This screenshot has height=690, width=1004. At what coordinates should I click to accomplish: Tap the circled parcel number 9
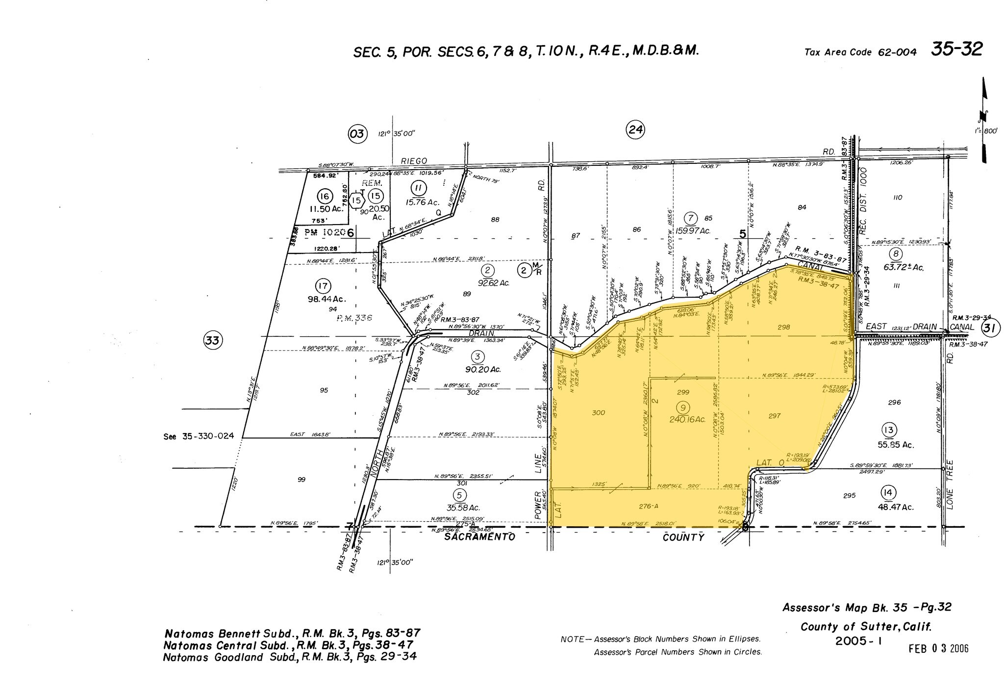[683, 407]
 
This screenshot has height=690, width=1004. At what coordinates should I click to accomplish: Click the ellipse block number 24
[635, 129]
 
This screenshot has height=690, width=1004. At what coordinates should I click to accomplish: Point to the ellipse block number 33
[213, 340]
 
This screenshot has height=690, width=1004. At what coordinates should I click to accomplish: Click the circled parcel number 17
[323, 286]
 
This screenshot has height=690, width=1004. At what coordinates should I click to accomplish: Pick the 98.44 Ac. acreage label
[326, 299]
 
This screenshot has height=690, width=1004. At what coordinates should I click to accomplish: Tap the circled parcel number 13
[889, 430]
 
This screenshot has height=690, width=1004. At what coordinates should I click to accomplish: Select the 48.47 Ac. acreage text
[896, 507]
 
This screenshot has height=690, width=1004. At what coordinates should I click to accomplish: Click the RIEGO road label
[414, 161]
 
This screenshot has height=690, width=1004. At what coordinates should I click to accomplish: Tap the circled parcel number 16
[324, 197]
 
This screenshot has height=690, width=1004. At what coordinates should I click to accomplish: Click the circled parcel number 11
[418, 189]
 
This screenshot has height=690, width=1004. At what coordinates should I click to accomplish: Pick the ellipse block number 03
[357, 133]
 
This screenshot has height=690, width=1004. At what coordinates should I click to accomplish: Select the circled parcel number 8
[896, 254]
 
